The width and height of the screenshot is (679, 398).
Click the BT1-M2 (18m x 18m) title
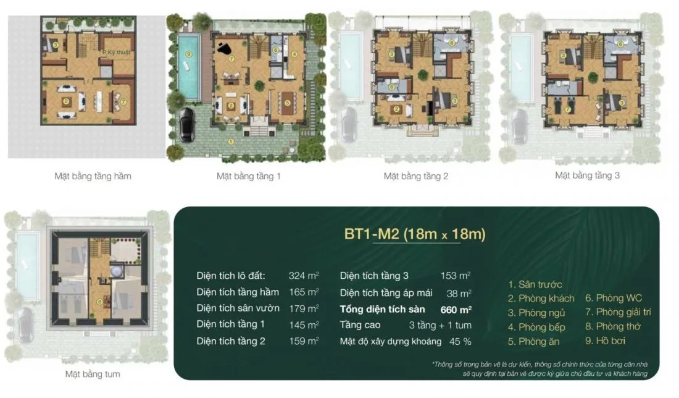click(x=415, y=234)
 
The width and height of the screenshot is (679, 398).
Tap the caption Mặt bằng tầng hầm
click(x=93, y=176)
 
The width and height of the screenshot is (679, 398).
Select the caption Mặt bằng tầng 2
click(x=416, y=176)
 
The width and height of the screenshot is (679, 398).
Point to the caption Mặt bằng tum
click(x=93, y=374)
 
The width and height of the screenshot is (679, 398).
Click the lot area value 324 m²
click(x=304, y=276)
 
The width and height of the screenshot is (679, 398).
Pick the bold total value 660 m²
click(x=456, y=308)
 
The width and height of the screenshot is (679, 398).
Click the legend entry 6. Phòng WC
click(x=614, y=298)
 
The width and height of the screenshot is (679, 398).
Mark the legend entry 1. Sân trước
click(x=535, y=285)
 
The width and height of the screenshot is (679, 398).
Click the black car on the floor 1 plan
click(x=186, y=125)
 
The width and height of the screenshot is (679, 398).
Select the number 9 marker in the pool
click(x=188, y=54)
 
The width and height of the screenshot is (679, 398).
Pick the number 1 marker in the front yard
click(x=230, y=141)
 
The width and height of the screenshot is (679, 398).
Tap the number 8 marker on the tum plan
click(x=99, y=302)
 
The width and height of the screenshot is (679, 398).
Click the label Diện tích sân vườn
click(x=238, y=308)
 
